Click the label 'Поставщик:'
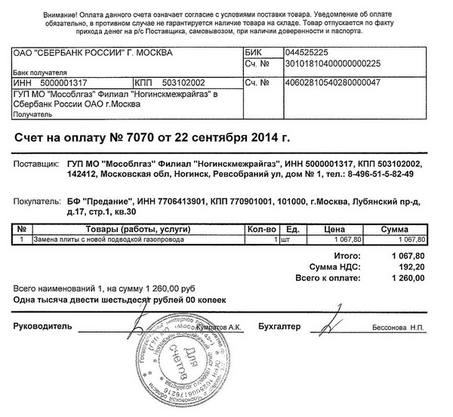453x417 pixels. coord(36,163)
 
